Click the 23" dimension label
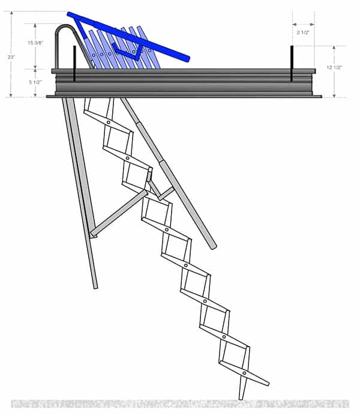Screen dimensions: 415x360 [x=10, y=57]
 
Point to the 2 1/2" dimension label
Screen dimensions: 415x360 [x=303, y=35]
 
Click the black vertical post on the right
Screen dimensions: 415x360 [x=292, y=63]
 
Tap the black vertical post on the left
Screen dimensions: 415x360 [x=74, y=63]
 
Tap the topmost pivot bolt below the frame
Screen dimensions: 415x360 [x=108, y=122]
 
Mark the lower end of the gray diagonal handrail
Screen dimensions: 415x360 [x=213, y=245]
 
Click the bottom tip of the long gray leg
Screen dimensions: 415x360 [x=95, y=286]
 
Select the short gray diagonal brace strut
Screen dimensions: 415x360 [x=119, y=213]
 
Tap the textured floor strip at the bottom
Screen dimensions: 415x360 [x=180, y=404]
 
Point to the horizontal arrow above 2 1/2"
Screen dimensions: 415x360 [x=303, y=25]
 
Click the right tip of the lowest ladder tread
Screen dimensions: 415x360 [x=268, y=383]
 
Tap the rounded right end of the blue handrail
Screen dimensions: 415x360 [x=187, y=59]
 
